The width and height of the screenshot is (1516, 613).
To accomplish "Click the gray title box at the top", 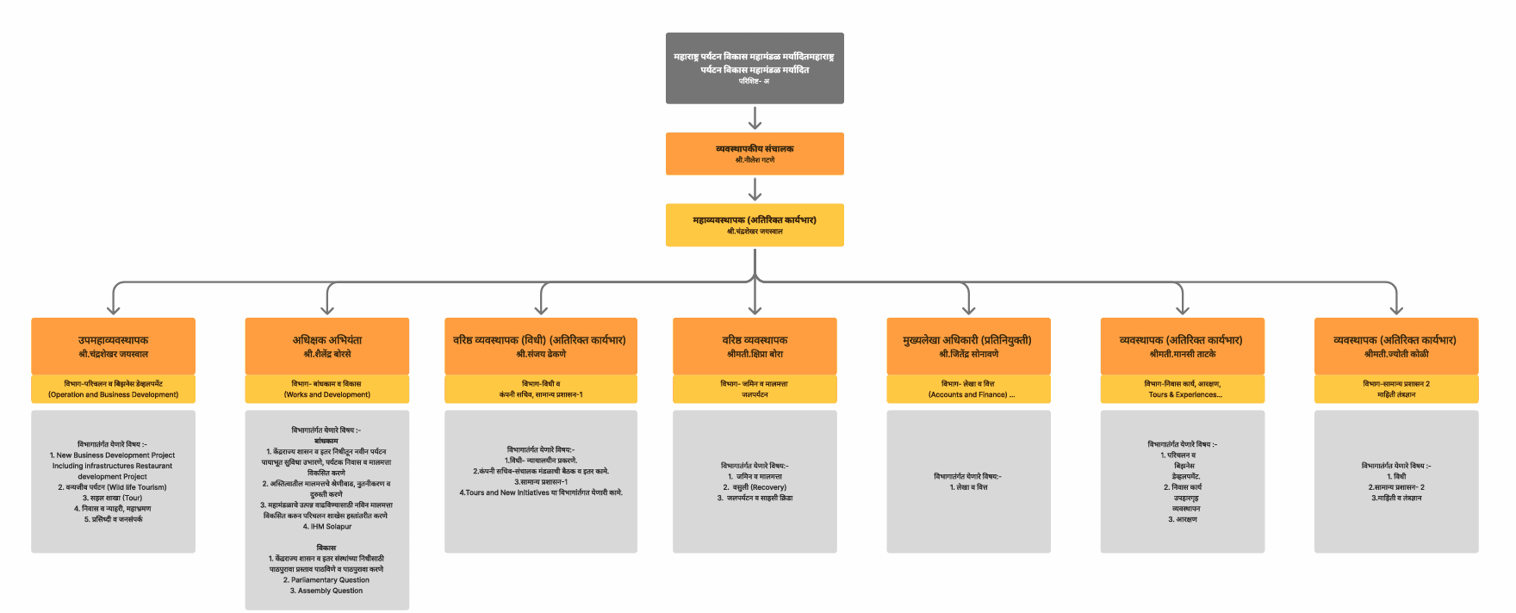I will coord(755,68).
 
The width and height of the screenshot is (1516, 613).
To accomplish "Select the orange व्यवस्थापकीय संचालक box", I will coord(755,153).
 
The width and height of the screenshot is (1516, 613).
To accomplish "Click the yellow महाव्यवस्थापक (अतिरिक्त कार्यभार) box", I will coord(755,225).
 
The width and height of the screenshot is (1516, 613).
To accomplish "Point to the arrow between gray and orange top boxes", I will coord(755,118).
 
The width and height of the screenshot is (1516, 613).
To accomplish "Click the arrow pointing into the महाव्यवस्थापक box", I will coord(755,189).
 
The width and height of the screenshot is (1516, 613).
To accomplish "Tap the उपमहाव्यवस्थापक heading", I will coord(113,340).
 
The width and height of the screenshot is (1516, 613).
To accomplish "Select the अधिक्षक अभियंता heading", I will coord(327,340).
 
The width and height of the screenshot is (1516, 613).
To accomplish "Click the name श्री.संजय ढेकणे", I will coord(541,354).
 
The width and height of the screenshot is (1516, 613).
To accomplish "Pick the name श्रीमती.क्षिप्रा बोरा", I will coord(755,354).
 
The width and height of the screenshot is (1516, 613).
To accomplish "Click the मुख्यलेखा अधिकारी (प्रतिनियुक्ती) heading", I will coord(968,340).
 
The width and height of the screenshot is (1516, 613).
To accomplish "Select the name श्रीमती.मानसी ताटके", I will coord(1183,354).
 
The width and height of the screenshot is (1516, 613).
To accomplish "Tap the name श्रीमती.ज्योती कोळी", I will coord(1396,354).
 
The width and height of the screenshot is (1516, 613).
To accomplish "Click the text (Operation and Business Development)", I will coord(113,394).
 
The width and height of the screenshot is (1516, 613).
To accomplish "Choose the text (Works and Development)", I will coord(327,394).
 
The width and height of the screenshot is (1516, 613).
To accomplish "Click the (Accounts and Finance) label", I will coord(968,394).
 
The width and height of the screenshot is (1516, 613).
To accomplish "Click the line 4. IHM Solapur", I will coord(327,526).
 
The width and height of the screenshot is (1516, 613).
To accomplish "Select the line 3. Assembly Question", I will coord(326,591).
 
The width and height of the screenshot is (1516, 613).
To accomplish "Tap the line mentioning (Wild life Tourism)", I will coord(113,487).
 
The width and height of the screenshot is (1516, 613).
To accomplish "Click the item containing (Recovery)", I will coord(755,487).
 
